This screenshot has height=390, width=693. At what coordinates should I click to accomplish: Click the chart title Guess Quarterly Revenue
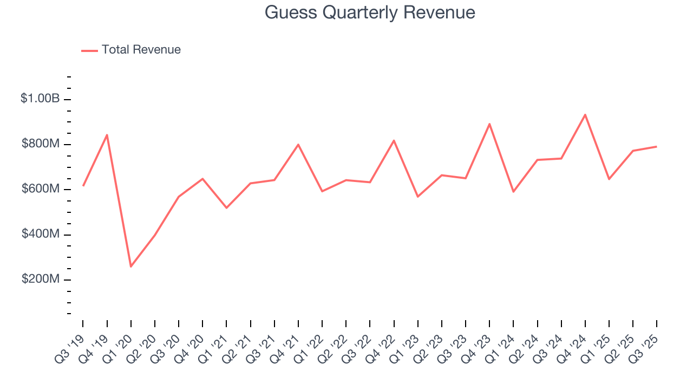click(x=370, y=12)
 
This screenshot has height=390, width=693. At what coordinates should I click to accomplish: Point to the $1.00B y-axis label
click(x=40, y=99)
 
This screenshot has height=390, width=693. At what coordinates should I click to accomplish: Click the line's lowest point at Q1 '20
click(x=131, y=266)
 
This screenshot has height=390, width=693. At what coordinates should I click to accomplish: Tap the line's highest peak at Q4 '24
click(x=585, y=114)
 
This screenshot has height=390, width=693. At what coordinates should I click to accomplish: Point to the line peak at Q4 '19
click(x=107, y=135)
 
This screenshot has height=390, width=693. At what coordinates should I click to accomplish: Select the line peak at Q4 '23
click(x=489, y=124)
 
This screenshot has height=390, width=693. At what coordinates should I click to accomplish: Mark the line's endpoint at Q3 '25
click(x=657, y=146)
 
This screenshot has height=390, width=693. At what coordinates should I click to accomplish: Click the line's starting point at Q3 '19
click(x=83, y=185)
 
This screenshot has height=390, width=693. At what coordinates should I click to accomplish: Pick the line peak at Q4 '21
click(x=298, y=145)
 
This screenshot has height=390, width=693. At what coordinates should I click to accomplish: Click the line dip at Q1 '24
click(x=513, y=192)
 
